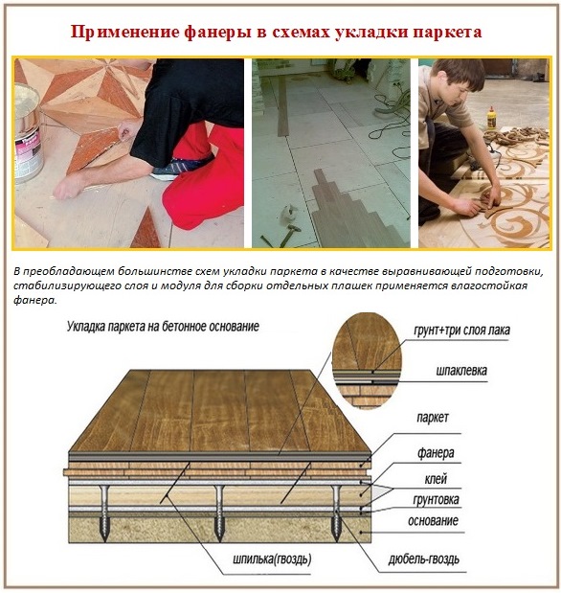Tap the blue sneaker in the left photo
pos(175,169)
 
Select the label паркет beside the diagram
pos(432,420)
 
